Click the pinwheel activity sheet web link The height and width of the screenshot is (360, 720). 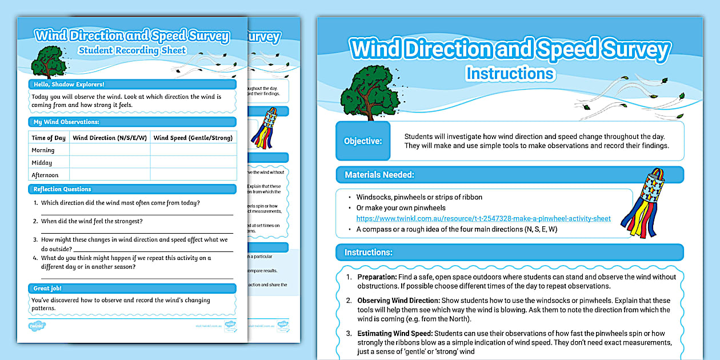click(x=483, y=218)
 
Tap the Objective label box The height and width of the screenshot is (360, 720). click(x=363, y=141)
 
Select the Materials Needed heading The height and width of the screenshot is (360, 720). click(x=379, y=175)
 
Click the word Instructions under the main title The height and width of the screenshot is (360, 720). click(x=510, y=73)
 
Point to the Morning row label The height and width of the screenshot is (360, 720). click(x=43, y=150)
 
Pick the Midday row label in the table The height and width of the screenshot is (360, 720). click(x=42, y=163)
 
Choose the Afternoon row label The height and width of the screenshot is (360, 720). click(x=45, y=175)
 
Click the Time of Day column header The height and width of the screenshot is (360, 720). click(x=49, y=138)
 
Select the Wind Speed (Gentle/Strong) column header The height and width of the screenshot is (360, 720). click(x=193, y=138)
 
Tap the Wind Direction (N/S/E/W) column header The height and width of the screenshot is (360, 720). click(x=110, y=138)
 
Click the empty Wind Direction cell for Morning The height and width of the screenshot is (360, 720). click(x=110, y=150)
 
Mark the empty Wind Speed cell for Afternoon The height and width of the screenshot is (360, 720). click(x=193, y=175)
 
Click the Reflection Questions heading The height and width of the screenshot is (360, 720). click(x=62, y=189)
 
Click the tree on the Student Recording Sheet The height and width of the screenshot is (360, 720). click(x=49, y=61)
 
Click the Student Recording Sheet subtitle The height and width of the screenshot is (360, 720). click(x=132, y=50)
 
